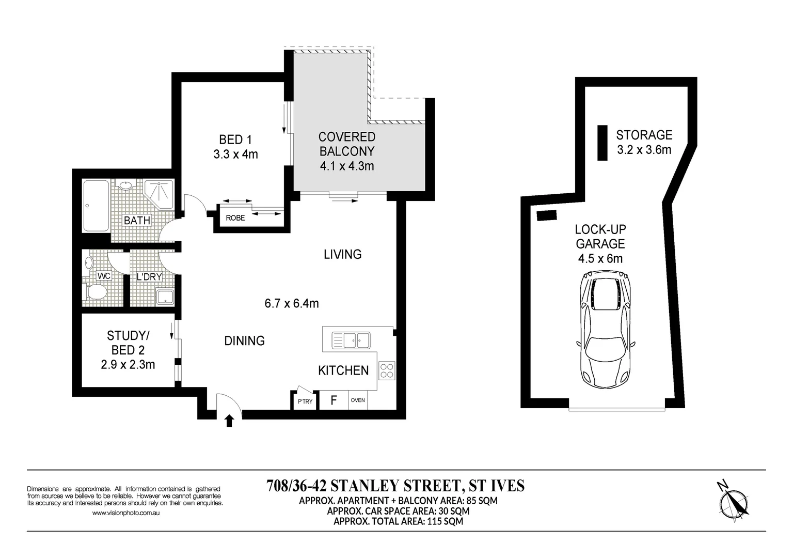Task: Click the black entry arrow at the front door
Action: tap(229, 421)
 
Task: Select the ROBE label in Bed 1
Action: tap(235, 218)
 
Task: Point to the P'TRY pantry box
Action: tap(305, 401)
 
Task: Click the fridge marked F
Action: tap(334, 400)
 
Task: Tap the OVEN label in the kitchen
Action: tap(358, 400)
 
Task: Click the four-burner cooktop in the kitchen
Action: tap(387, 371)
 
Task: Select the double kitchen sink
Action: tap(351, 340)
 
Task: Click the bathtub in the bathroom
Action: tap(96, 206)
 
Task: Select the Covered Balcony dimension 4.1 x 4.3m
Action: tap(346, 166)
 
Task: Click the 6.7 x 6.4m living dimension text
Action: tap(292, 303)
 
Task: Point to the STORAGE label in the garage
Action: tap(644, 135)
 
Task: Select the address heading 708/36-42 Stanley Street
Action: tap(395, 486)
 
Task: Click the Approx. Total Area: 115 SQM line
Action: tap(398, 521)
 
